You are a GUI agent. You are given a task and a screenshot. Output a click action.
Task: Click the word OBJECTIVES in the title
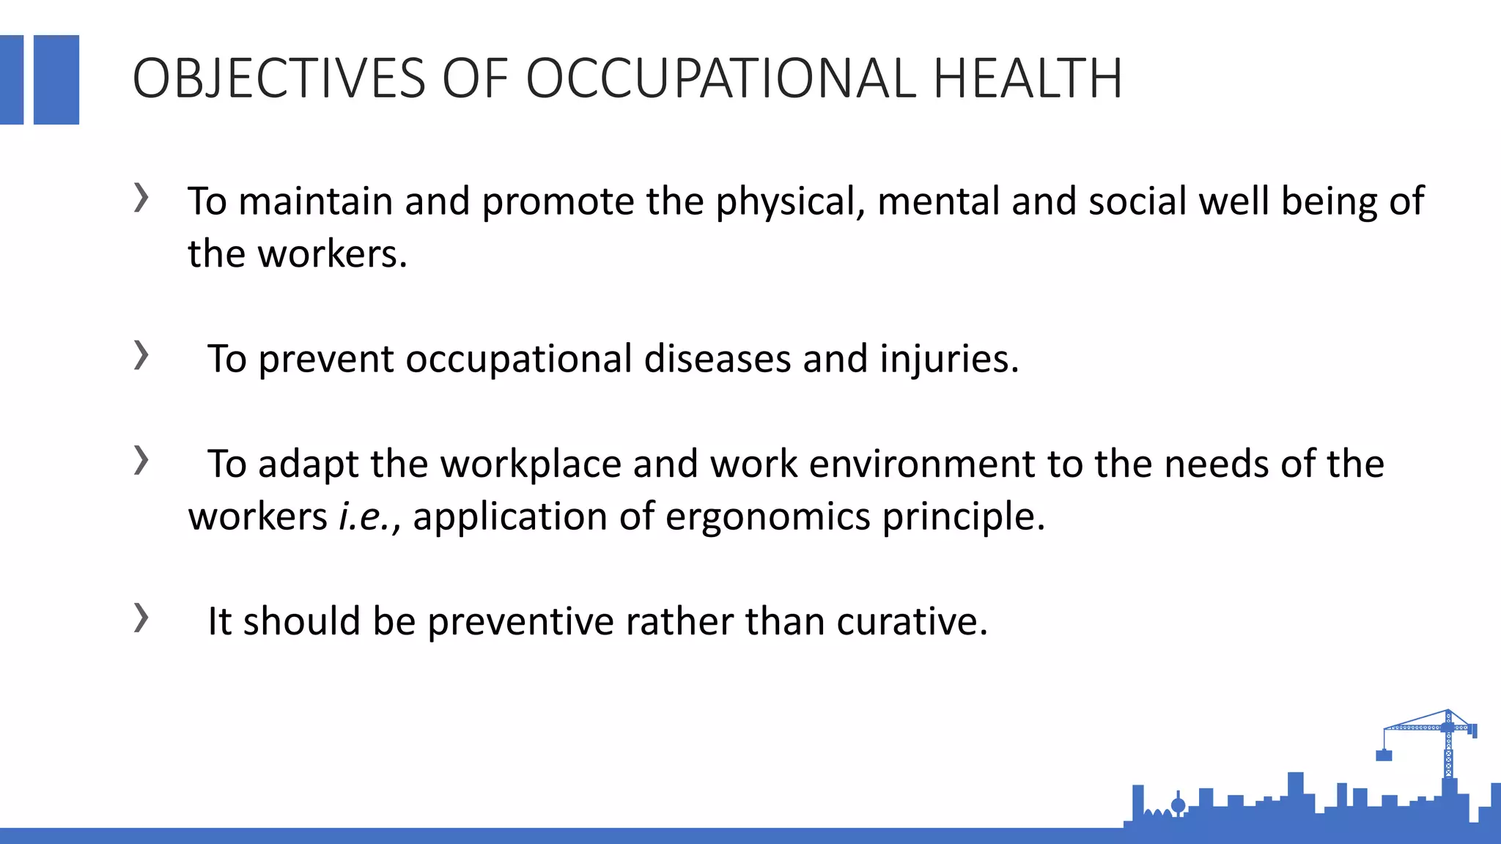(279, 78)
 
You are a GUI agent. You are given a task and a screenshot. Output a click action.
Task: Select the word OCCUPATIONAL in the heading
(721, 78)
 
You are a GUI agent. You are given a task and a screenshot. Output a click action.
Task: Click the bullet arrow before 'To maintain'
(141, 198)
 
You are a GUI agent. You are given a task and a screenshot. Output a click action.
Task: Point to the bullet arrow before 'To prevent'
(141, 355)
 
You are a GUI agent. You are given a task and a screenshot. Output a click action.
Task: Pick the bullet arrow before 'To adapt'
(141, 460)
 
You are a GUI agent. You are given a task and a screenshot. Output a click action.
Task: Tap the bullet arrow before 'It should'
(141, 618)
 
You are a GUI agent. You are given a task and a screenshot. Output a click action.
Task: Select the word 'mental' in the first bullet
(938, 201)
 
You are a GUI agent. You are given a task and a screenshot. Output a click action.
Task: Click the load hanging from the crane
(1384, 755)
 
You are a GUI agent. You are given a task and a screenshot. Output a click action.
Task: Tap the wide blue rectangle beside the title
(56, 80)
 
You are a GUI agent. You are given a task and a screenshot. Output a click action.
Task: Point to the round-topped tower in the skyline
(1179, 805)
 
